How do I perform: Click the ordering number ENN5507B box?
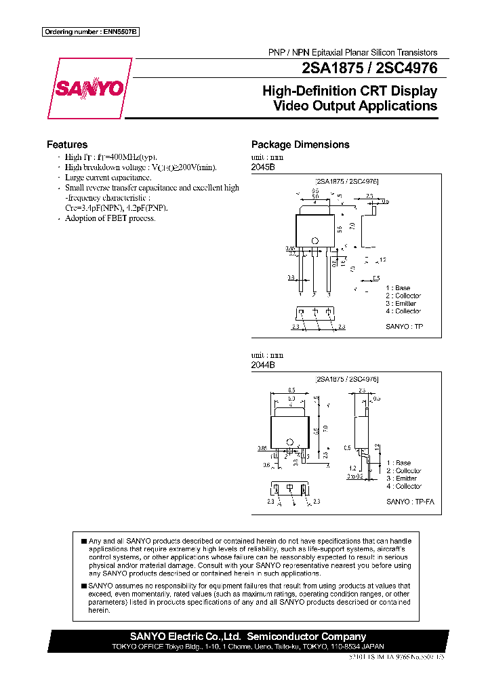(x=90, y=32)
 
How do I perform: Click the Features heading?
(x=66, y=144)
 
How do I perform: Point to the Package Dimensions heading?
(x=300, y=144)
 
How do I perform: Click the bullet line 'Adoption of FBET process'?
(x=110, y=218)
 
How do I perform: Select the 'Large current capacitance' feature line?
(x=108, y=177)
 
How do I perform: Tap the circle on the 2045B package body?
(x=314, y=241)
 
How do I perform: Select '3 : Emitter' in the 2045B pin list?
(x=401, y=304)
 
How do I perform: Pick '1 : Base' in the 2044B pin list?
(x=399, y=463)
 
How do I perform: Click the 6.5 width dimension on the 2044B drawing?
(x=291, y=390)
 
